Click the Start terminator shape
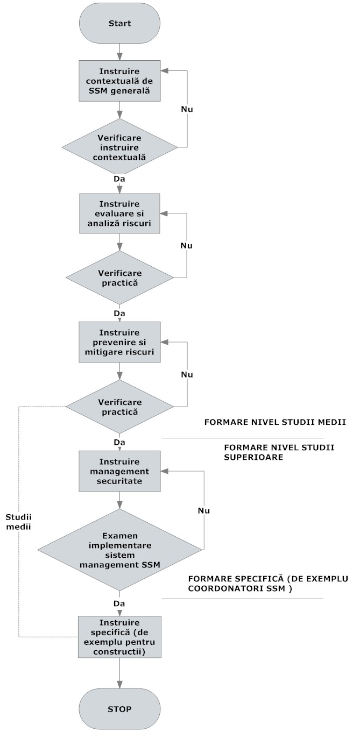click(x=119, y=24)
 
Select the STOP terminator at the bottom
click(x=119, y=708)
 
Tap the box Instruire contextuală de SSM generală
click(x=119, y=81)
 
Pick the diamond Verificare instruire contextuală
click(x=119, y=146)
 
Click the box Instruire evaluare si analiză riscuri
click(x=119, y=214)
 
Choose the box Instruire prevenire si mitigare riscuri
click(x=119, y=342)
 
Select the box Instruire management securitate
click(x=119, y=471)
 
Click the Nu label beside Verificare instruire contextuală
click(x=186, y=109)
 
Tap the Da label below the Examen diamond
click(x=119, y=603)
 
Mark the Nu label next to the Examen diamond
click(x=203, y=509)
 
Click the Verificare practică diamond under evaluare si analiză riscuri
click(x=119, y=278)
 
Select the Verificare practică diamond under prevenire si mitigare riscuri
click(x=119, y=407)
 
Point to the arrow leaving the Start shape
click(x=119, y=52)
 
